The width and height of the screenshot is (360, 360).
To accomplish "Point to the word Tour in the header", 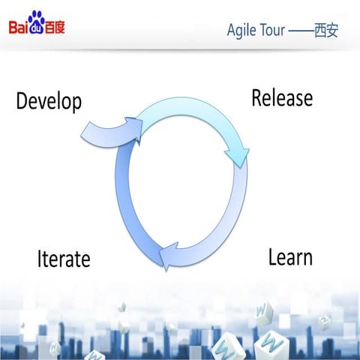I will point(271,30).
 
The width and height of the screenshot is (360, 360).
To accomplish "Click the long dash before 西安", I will point(301,30).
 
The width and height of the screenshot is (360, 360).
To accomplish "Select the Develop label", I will point(49,101).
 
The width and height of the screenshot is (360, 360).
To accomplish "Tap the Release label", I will point(282,97).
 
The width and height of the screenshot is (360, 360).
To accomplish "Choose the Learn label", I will point(290,257).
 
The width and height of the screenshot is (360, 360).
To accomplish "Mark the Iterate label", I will point(64,259).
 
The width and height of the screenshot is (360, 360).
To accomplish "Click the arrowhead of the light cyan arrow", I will point(238,155).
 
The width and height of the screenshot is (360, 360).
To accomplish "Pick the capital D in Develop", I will point(22,101).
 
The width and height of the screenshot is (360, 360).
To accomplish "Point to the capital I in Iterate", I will point(40,259).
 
